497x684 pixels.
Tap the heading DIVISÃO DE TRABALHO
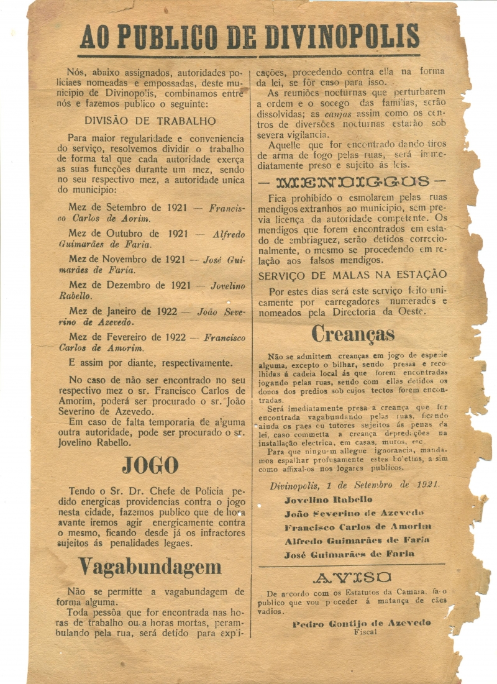pos(150,121)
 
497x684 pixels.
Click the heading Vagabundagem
pos(150,566)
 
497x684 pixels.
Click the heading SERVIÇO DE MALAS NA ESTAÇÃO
pos(352,275)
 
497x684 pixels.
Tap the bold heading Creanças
pos(353,334)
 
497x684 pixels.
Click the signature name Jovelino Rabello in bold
pos(328,499)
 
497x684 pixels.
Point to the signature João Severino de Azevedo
pos(354,513)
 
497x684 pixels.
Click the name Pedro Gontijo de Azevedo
pos(362,623)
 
